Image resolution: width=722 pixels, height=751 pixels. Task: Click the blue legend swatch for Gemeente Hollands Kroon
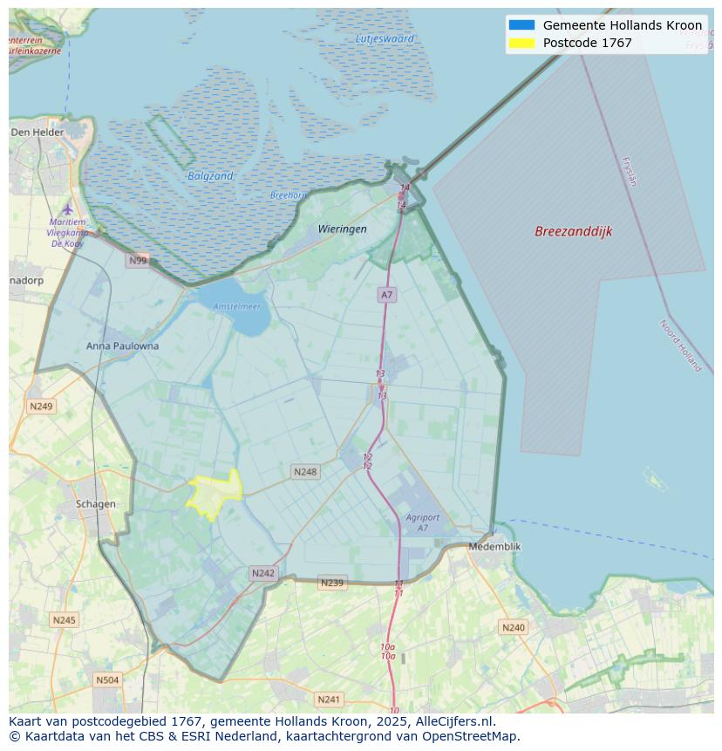point(521,25)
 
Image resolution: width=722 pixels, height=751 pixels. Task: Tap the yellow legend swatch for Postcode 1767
point(521,43)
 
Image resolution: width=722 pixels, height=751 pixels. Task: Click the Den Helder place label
point(37,132)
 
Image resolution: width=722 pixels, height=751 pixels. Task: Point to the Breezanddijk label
point(573,231)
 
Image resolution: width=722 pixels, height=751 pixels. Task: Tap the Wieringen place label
point(342,229)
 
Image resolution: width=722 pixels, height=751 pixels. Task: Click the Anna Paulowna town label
point(122,345)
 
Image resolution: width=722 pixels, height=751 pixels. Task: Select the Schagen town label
point(95,503)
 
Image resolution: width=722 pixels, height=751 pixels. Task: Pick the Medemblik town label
point(494,546)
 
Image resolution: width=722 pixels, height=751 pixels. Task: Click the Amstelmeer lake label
point(236,306)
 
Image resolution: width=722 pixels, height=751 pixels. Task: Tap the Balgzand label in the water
point(210,176)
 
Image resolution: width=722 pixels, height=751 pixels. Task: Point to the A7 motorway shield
point(386,295)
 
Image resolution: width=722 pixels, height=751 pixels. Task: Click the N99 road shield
point(138,260)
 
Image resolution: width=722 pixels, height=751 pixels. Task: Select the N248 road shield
point(305,472)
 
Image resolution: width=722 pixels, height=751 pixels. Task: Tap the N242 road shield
point(262,573)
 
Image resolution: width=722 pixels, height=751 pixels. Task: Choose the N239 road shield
point(331,583)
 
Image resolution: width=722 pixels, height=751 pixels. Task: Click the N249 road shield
point(41,406)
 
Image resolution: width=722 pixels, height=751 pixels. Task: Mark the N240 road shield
point(514,627)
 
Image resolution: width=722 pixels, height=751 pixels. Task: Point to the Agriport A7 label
point(422,522)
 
